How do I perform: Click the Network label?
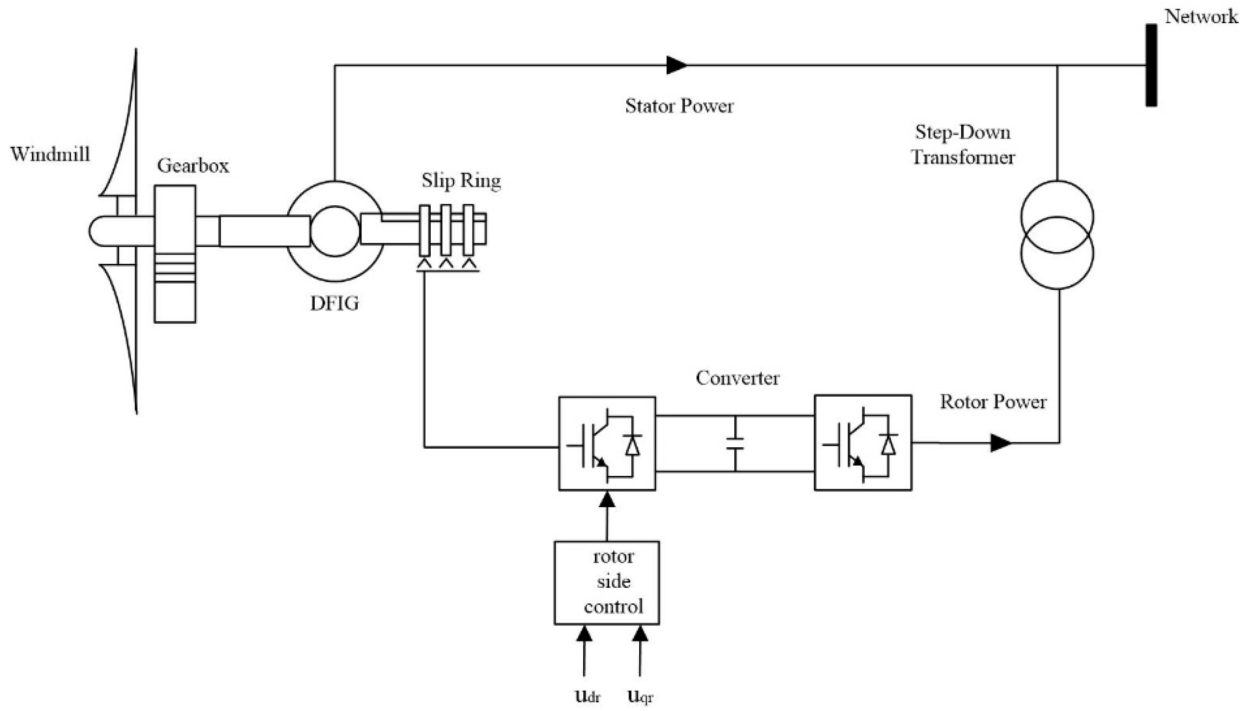[1201, 17]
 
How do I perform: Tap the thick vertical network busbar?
[1151, 65]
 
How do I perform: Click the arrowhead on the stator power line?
[676, 65]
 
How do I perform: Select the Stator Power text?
[679, 106]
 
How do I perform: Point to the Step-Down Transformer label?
[963, 144]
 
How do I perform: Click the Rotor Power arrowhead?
[999, 443]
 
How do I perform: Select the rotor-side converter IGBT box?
[607, 443]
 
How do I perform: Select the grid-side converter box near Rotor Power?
[862, 443]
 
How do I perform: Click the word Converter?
[737, 378]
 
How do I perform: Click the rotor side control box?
[607, 582]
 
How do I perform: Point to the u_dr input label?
[588, 697]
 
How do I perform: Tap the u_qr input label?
[640, 697]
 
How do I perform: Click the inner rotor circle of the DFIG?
[335, 231]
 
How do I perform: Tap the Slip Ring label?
[461, 181]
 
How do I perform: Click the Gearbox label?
[193, 166]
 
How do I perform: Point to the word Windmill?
[50, 154]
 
